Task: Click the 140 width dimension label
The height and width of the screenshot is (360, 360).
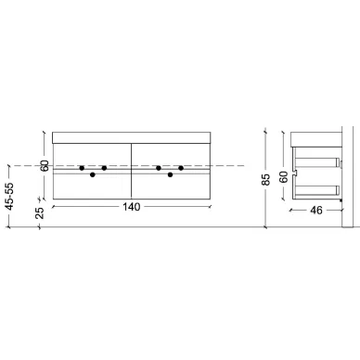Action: (x=132, y=207)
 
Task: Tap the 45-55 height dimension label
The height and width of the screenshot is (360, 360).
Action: (x=10, y=197)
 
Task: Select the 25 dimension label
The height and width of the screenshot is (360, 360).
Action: (x=40, y=212)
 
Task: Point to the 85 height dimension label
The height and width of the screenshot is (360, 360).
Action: (x=265, y=179)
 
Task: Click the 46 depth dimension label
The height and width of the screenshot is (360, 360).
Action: (x=316, y=211)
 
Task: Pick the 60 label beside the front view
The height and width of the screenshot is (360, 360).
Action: (x=45, y=166)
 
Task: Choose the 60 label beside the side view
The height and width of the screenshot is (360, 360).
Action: (x=284, y=177)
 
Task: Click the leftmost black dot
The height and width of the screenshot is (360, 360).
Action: (x=82, y=168)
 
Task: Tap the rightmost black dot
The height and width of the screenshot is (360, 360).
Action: (x=181, y=168)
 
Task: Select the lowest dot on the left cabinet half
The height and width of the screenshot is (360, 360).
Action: (x=93, y=174)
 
